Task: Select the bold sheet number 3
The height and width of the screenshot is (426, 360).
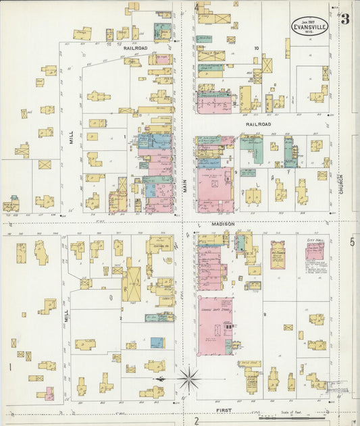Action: tap(345, 20)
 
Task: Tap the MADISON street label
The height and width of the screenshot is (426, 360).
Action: tap(224, 223)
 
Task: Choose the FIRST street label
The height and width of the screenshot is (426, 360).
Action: tap(224, 410)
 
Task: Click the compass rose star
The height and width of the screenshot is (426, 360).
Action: tap(188, 379)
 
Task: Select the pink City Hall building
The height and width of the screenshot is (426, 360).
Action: tap(314, 251)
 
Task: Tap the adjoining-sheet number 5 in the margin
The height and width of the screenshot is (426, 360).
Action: tap(352, 242)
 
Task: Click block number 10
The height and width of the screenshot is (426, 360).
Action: tap(257, 48)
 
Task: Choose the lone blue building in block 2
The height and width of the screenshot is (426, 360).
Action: tap(156, 342)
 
